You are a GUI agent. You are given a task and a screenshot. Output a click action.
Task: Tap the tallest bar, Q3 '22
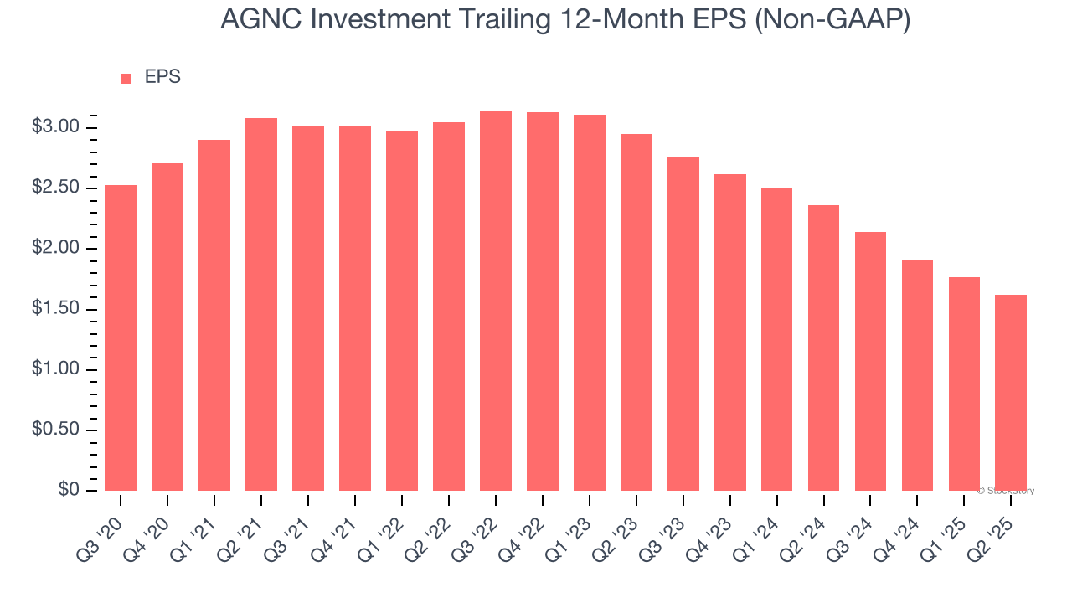[496, 301]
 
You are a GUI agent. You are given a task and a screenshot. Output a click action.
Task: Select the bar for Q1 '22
[402, 310]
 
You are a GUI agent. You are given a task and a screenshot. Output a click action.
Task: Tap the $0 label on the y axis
[69, 490]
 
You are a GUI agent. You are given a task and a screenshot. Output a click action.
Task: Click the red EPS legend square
[126, 78]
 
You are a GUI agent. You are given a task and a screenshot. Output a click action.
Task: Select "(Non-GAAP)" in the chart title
[832, 20]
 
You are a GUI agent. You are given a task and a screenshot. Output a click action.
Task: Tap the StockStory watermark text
[1007, 491]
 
